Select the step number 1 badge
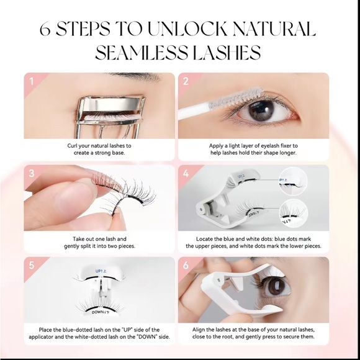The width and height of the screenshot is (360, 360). point(32,81)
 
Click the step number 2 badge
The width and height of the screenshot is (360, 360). point(186,81)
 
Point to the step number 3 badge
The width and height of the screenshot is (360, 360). point(32,173)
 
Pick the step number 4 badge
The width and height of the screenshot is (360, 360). point(186,173)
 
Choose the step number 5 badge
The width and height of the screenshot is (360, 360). point(32,265)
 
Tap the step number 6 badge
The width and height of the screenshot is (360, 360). point(186,265)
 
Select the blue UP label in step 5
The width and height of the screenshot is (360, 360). point(101,271)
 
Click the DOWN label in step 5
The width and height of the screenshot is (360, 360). point(101,312)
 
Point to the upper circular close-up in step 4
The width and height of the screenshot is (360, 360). point(294,181)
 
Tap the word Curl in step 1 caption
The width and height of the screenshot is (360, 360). point(73,146)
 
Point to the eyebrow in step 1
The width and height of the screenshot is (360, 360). point(134,76)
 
